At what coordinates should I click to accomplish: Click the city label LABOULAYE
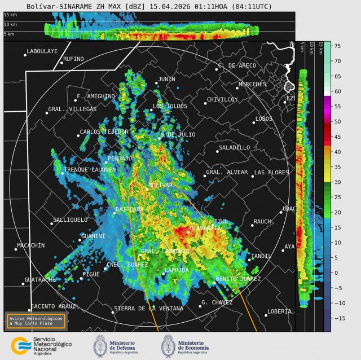42,51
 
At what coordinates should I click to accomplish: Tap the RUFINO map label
73,59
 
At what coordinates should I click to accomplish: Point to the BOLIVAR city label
160,185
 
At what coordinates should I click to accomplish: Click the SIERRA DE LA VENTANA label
148,309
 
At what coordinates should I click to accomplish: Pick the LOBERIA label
279,311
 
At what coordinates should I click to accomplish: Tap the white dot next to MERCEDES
237,87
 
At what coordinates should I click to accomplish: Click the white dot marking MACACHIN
16,249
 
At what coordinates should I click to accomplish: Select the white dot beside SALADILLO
218,151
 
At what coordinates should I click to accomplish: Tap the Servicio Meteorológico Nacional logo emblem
20,346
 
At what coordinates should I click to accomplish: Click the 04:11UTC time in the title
253,6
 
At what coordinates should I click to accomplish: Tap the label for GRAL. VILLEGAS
72,109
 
